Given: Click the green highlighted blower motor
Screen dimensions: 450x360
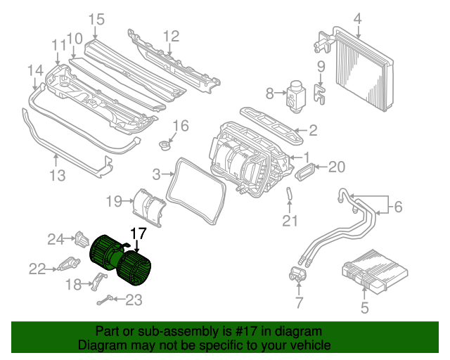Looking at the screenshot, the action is click(120, 260).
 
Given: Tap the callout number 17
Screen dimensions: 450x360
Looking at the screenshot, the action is click(139, 233).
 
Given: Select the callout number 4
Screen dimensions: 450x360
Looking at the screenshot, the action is click(358, 19).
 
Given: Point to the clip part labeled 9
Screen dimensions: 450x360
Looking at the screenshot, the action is click(319, 94).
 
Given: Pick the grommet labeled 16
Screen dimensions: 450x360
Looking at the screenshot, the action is click(165, 145).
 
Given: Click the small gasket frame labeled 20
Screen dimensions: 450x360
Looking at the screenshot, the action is click(305, 172).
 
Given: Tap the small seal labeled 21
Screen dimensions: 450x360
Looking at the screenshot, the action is click(289, 193).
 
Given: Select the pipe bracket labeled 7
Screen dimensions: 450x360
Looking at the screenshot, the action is click(298, 274).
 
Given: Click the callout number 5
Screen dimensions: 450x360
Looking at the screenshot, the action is click(364, 308).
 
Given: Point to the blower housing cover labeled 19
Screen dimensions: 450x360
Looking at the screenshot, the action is click(149, 207).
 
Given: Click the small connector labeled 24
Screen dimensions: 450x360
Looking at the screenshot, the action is click(82, 239).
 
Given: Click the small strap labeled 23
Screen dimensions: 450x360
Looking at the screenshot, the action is click(105, 300).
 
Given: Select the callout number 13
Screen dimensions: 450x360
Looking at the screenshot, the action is click(58, 175).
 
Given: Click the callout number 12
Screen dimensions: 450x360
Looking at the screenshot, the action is click(172, 37).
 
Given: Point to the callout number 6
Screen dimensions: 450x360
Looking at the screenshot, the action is click(399, 207).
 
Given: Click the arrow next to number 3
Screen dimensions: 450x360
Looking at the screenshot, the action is click(167, 174).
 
